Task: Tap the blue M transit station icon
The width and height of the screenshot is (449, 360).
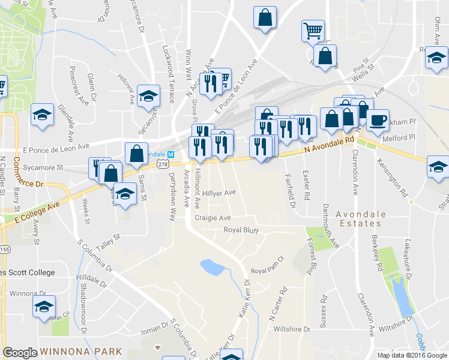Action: point(170,154)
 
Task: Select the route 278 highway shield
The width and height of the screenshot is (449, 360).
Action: point(162,163)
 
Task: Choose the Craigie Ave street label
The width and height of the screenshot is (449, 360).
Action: point(212,218)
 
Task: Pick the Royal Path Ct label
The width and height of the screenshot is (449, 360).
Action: point(267,271)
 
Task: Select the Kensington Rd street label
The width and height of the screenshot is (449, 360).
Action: point(392,178)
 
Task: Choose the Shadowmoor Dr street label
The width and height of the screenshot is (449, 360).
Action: point(83,305)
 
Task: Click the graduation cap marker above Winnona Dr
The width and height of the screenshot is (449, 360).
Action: point(44,307)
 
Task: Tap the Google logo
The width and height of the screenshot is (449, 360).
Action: point(20,353)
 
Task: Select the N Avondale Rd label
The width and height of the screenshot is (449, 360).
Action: point(328,146)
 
